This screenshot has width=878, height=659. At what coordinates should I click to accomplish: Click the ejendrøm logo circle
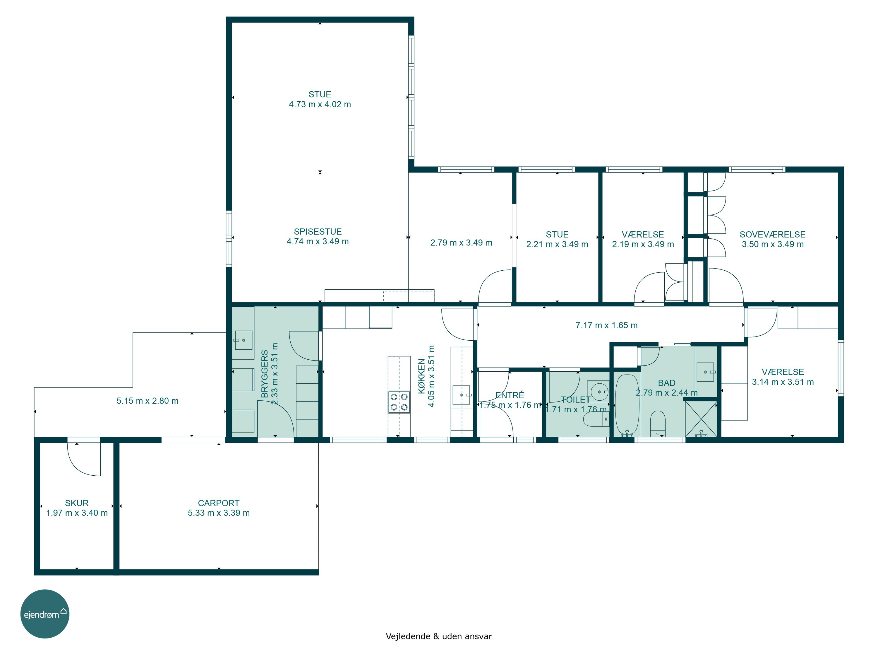tap(45, 614)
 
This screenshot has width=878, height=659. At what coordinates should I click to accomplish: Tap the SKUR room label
tap(77, 503)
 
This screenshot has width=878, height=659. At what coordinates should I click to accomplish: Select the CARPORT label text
tap(219, 503)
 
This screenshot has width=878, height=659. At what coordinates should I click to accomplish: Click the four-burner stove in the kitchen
tap(399, 402)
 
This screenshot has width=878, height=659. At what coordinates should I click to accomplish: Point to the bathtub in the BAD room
tap(627, 405)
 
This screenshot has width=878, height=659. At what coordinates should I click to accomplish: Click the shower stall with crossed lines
tap(701, 419)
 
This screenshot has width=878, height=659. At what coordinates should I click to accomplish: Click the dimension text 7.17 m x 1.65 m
tap(606, 325)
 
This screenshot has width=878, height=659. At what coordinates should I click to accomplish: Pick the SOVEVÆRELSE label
tap(772, 234)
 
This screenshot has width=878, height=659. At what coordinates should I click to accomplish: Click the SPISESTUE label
tap(318, 232)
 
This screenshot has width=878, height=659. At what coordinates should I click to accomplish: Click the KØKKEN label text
tap(421, 376)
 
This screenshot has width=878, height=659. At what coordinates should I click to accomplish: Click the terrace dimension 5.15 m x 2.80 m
tap(147, 401)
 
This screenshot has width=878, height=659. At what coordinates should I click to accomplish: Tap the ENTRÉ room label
tap(510, 395)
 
